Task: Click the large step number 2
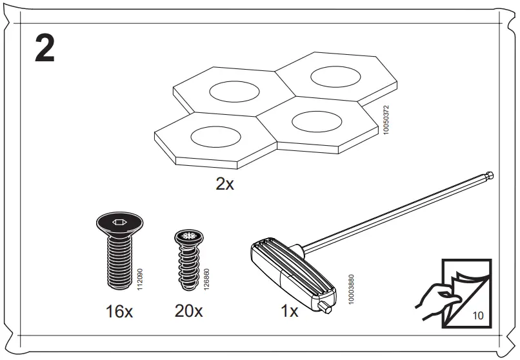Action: tap(45, 50)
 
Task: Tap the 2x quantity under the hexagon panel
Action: tap(225, 185)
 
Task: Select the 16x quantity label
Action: tap(119, 312)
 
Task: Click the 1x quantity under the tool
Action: tap(290, 312)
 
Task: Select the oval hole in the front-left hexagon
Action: tap(215, 135)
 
